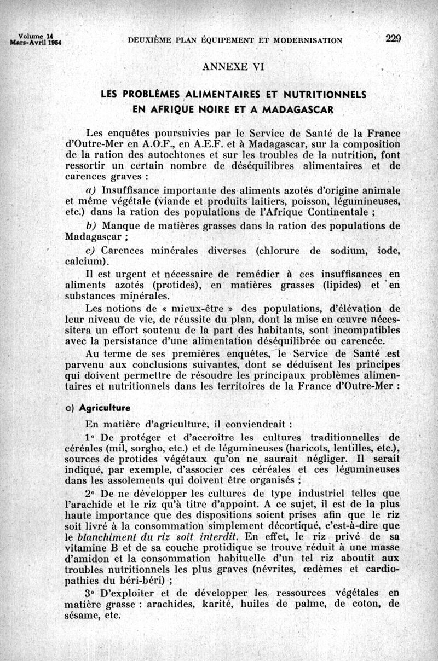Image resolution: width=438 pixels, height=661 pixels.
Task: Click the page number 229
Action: tap(393, 38)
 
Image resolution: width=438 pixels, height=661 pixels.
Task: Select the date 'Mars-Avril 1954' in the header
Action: tap(34, 41)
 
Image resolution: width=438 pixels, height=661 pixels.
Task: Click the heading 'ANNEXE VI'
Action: tap(233, 67)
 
